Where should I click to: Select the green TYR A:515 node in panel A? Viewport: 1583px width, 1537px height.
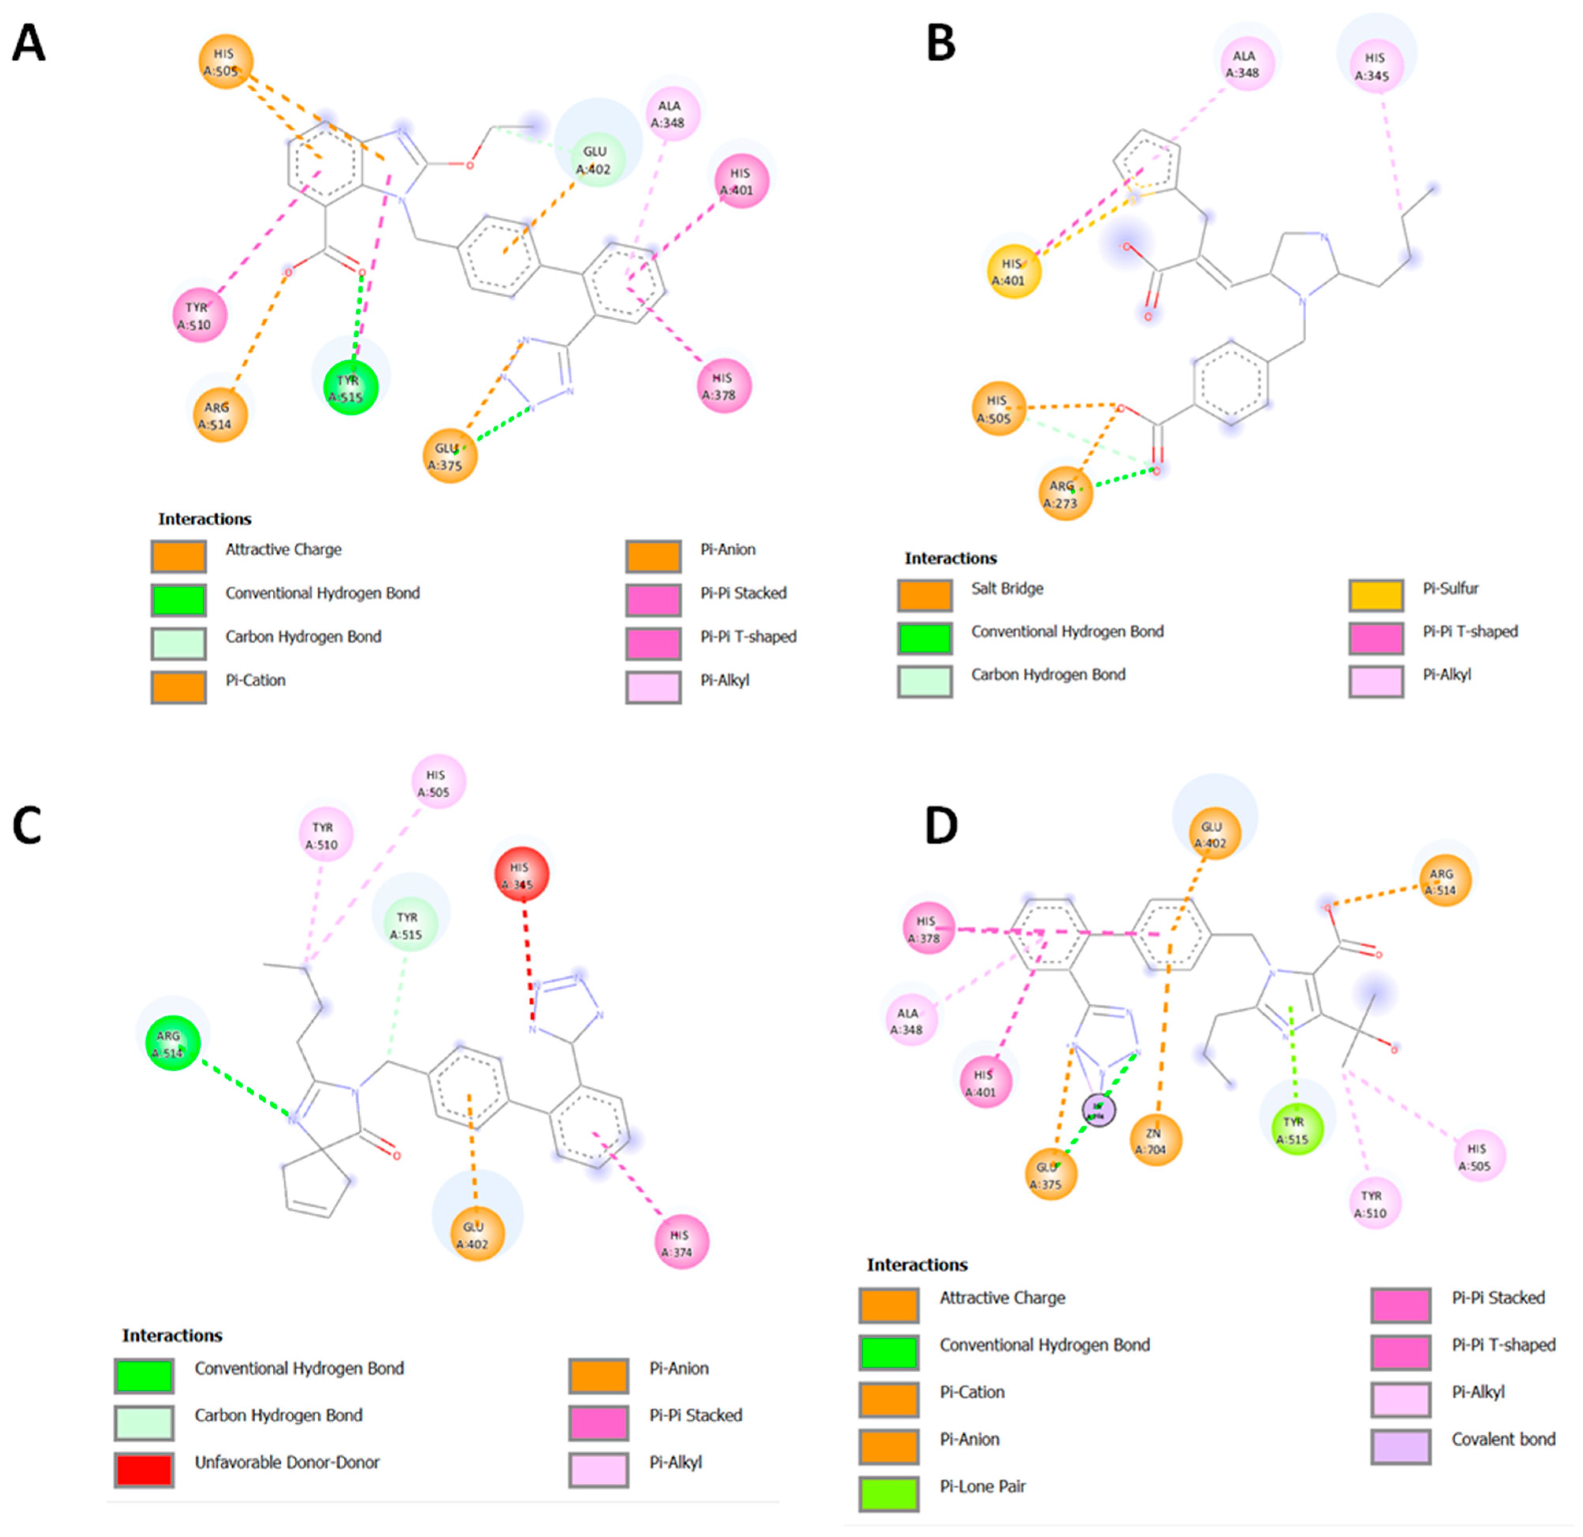(x=350, y=387)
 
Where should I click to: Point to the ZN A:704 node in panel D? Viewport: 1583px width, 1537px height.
(x=1155, y=1141)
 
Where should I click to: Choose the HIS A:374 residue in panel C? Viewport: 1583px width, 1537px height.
(x=681, y=1242)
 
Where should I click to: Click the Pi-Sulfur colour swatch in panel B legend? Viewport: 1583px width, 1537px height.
(x=1375, y=595)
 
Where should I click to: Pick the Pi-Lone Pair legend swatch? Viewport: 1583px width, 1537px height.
(x=888, y=1493)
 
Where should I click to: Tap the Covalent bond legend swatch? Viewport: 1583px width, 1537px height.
(x=1401, y=1446)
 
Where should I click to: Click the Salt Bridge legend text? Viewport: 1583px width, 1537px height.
(x=1007, y=588)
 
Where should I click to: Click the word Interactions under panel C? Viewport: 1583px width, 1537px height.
(x=172, y=1335)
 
